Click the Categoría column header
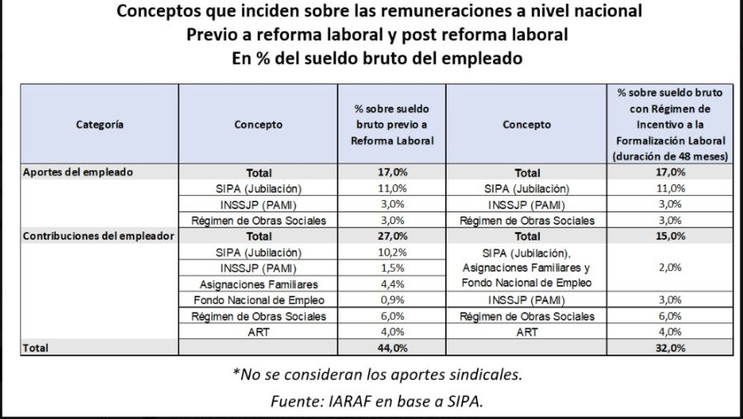click(x=100, y=125)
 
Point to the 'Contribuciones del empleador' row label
click(x=97, y=236)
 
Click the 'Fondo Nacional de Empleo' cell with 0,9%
click(x=258, y=300)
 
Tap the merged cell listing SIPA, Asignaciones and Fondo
click(x=527, y=268)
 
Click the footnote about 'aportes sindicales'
click(x=377, y=374)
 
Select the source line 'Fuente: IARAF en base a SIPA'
click(x=377, y=402)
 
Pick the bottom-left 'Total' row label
click(x=35, y=348)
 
